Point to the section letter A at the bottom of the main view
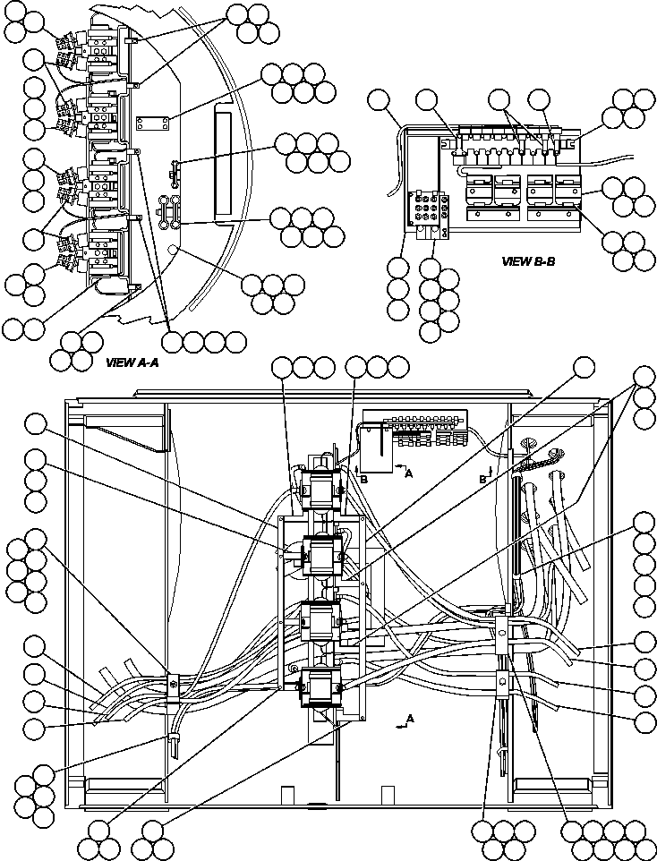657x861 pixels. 409,719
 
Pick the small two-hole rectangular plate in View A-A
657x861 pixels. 151,122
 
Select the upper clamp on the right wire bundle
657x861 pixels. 504,627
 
